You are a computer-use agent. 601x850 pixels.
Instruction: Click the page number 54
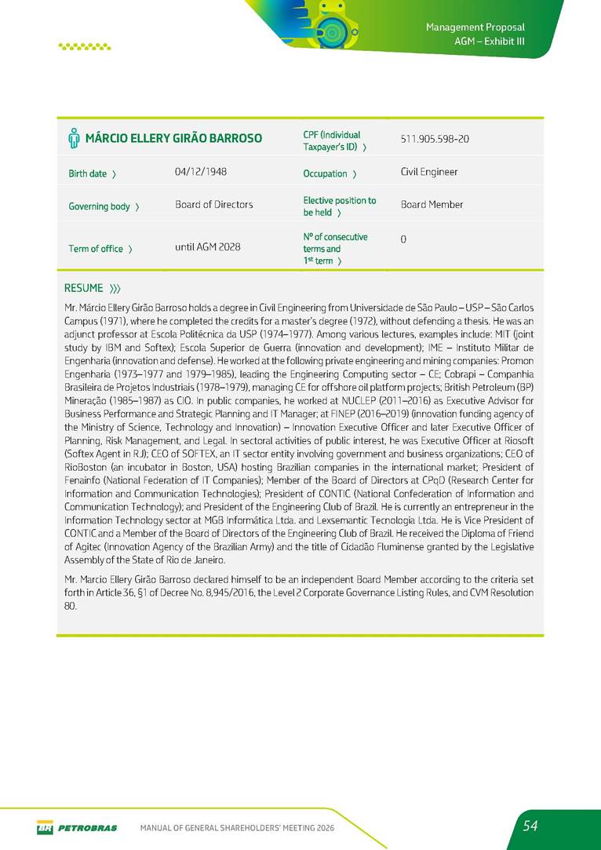point(531,826)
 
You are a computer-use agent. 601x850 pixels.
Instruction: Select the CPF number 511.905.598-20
point(435,139)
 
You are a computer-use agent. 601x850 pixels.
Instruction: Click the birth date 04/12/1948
point(201,171)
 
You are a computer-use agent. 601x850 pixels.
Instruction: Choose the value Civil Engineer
point(429,172)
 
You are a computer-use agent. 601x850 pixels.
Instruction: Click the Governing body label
point(104,206)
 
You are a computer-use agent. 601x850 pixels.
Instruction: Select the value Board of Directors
point(214,205)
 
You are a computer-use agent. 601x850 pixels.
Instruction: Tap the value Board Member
point(432,205)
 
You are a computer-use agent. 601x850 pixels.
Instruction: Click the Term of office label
point(100,249)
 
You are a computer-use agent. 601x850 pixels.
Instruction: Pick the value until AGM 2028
point(208,247)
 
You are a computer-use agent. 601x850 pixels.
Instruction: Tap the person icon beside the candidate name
point(74,139)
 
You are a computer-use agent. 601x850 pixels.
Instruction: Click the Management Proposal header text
point(475,27)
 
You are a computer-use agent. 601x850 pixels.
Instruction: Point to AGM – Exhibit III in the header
point(489,41)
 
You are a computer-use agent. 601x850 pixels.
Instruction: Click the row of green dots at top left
point(85,46)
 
